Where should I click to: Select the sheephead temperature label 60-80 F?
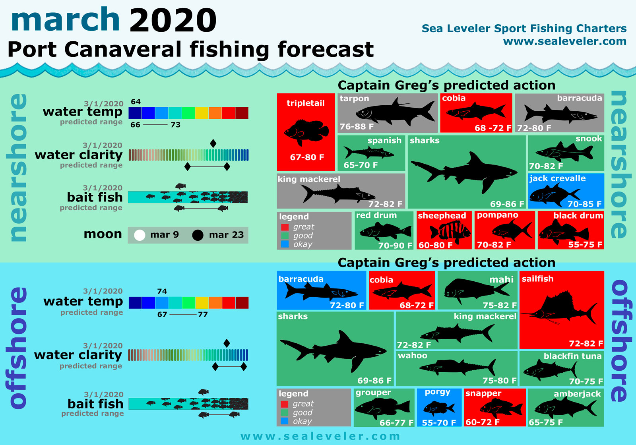[435, 245]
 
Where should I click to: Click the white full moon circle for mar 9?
[140, 235]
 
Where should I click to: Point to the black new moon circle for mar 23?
[198, 235]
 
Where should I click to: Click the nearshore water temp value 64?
[136, 102]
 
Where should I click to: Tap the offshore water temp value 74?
[162, 291]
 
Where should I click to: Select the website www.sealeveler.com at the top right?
[564, 41]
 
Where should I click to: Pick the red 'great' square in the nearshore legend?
[285, 227]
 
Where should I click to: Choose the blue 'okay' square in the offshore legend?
[285, 421]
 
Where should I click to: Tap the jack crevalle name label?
[557, 178]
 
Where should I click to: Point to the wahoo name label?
[413, 356]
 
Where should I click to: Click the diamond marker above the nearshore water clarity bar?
[213, 143]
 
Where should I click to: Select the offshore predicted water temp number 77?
[203, 314]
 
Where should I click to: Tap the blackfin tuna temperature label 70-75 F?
[586, 381]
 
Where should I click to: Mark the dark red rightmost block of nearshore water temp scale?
[242, 113]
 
